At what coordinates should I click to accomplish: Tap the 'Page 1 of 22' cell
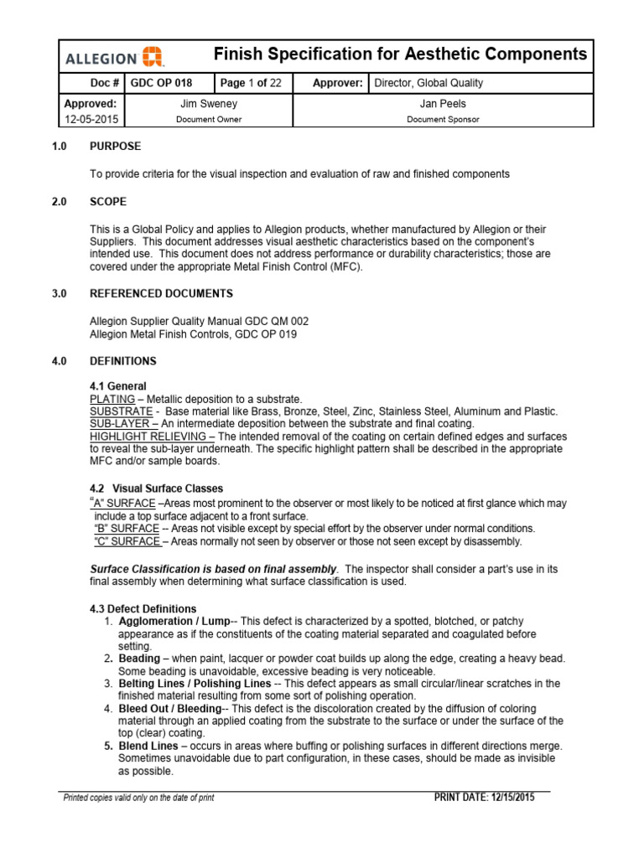250,84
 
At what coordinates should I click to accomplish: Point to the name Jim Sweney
208,104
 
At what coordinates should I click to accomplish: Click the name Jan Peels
443,104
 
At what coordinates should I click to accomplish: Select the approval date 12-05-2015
91,120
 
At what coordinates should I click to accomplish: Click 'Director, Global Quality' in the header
428,84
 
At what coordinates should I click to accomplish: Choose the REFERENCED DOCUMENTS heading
161,293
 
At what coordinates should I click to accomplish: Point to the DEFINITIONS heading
122,361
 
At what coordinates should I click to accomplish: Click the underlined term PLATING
111,399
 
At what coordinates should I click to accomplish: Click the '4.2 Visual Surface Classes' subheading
156,488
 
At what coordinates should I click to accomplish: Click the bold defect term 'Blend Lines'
148,746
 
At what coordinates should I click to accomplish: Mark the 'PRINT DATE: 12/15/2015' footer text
483,797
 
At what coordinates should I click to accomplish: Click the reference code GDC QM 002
267,321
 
